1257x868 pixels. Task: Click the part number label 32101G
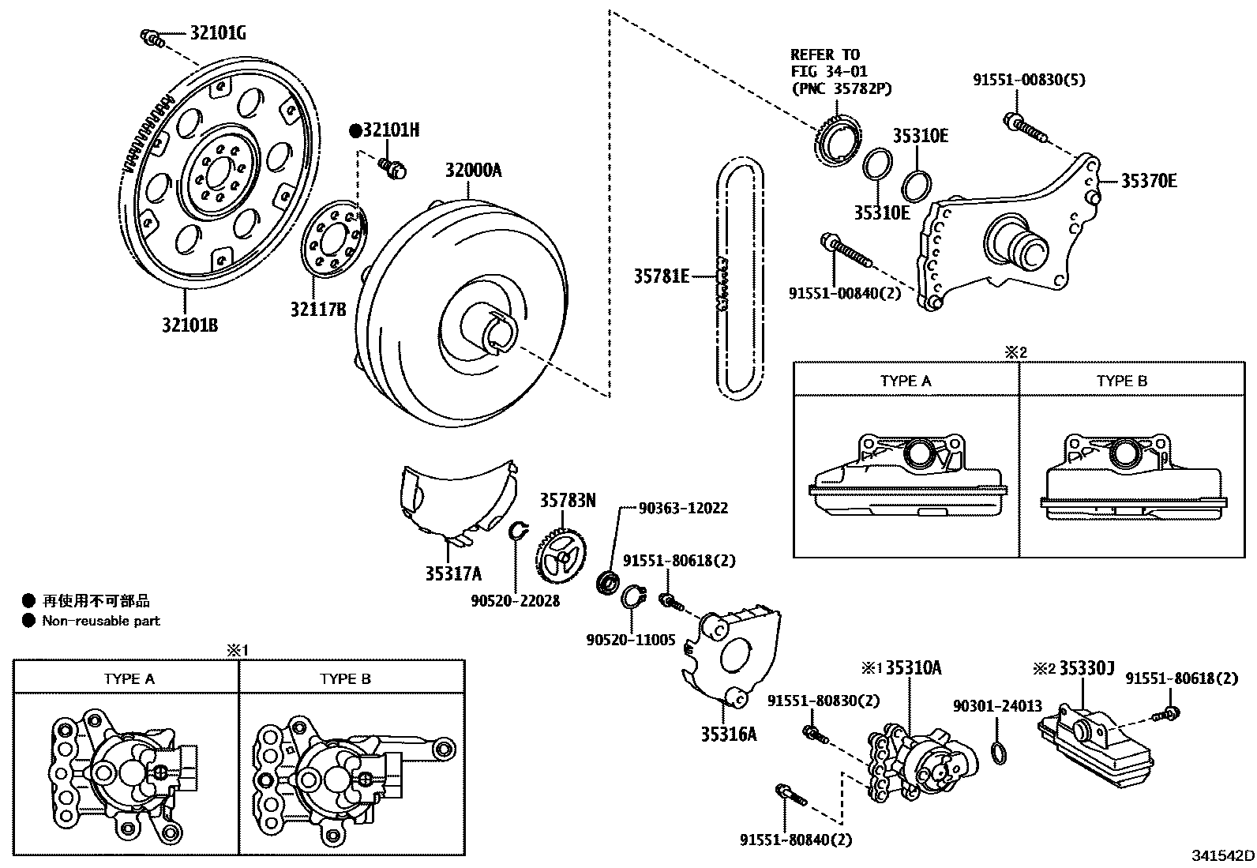pos(218,33)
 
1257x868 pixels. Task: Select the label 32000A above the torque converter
pos(473,171)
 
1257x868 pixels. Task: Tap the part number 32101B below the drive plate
pos(189,324)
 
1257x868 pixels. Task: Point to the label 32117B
pos(317,310)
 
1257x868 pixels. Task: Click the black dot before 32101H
pos(355,131)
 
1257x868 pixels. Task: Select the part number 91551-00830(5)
pos(1017,80)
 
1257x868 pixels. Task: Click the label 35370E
pos(1149,181)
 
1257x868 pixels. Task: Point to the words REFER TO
pos(825,54)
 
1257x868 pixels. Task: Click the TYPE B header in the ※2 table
pos(1121,381)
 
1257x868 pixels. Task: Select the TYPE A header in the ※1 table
pos(129,678)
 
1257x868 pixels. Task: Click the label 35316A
pos(728,735)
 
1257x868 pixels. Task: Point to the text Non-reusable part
pos(101,621)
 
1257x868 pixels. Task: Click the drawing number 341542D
pos(1223,855)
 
